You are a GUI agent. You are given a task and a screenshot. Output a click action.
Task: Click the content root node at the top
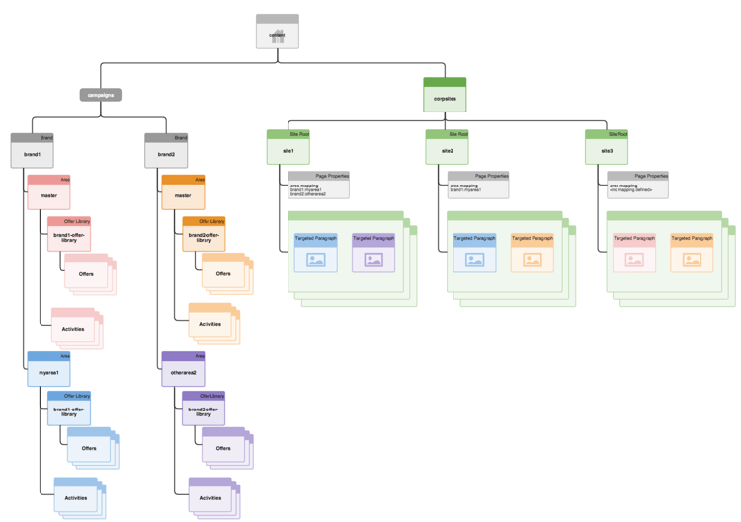(277, 33)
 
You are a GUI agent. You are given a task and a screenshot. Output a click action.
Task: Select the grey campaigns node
(100, 95)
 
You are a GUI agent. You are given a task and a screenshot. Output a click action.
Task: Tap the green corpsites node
(445, 96)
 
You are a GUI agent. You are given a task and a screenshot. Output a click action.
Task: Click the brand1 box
(32, 152)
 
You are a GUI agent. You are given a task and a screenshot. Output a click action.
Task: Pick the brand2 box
(166, 152)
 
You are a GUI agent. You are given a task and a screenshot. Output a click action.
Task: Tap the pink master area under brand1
(47, 193)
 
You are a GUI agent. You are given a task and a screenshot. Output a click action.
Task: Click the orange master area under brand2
(183, 193)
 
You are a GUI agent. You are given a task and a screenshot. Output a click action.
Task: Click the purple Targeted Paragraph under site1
(373, 254)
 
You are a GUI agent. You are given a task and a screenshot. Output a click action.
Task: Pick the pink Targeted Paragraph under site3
(634, 254)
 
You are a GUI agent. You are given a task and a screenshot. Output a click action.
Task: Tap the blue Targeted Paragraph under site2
(475, 254)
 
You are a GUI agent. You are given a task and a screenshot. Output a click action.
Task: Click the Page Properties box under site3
(638, 186)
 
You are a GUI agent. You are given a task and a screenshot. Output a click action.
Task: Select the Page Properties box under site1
(319, 186)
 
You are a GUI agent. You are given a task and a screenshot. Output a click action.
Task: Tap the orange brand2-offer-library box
(204, 236)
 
